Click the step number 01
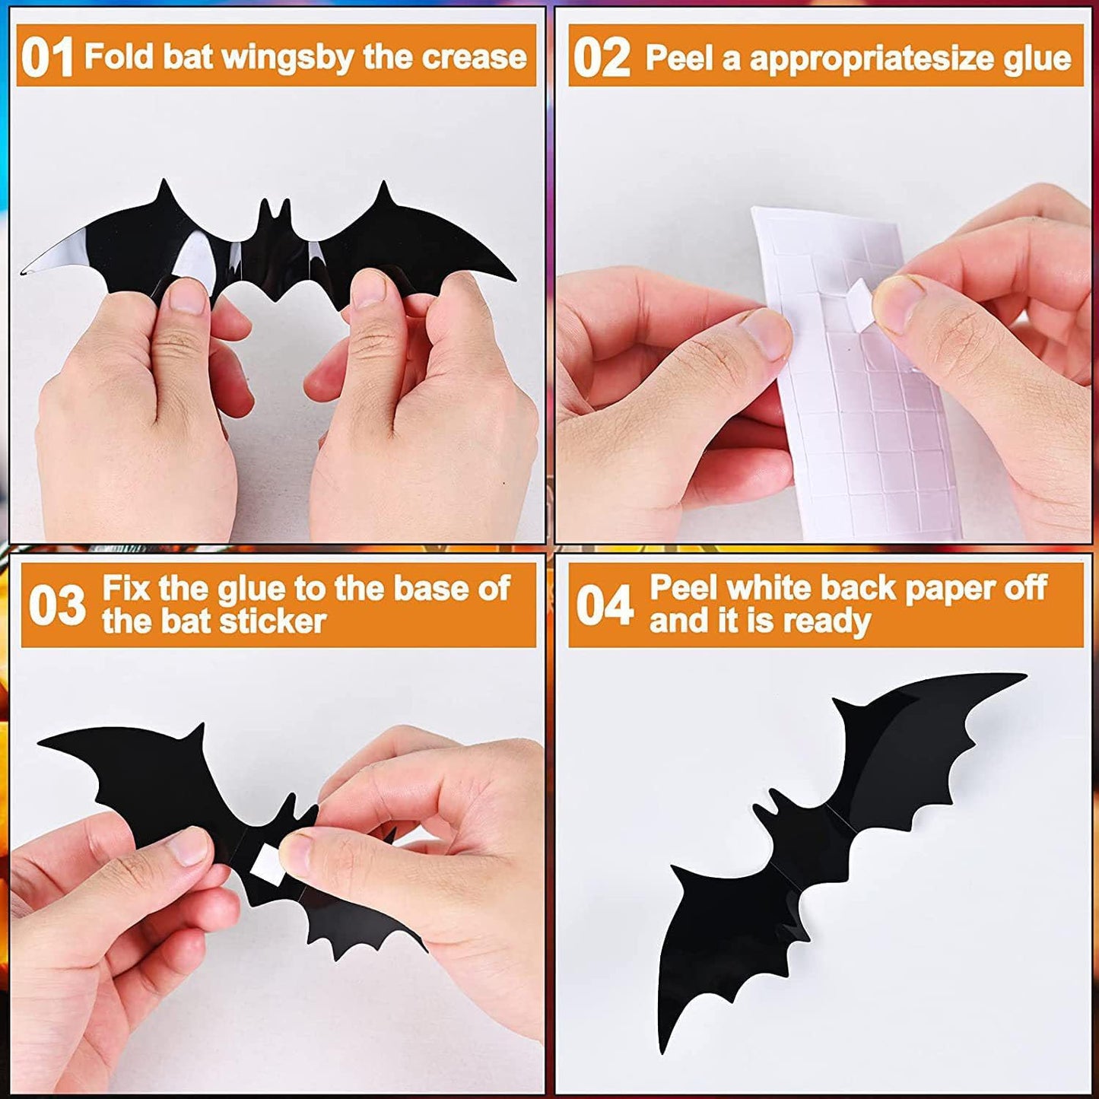(46, 58)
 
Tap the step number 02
(601, 59)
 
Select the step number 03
(57, 605)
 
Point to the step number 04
(605, 605)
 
